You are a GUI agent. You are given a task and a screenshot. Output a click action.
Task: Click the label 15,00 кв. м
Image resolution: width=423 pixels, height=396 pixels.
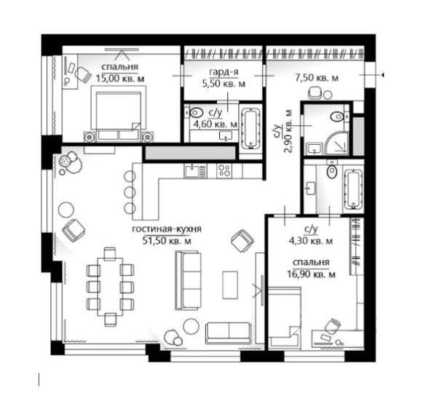[x=120, y=79]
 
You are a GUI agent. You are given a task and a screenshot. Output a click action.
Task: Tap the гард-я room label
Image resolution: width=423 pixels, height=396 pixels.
[x=224, y=72]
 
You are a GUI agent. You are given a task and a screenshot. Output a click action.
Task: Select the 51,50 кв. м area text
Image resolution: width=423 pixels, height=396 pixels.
[x=167, y=241]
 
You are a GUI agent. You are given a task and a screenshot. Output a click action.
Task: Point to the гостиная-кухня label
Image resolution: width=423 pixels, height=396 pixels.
[x=167, y=229]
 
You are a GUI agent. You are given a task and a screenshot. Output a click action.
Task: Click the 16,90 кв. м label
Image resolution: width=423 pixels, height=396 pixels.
[x=311, y=274]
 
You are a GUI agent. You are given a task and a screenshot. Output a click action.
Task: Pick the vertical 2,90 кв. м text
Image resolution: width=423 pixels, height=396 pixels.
[x=288, y=131]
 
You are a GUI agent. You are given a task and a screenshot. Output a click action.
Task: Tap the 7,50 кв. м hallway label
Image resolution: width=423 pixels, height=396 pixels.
[x=317, y=78]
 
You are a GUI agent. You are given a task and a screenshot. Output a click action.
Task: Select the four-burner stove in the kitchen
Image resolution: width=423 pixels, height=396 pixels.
[x=225, y=171]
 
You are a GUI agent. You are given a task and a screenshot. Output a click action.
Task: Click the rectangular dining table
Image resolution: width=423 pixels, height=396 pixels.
[x=110, y=287]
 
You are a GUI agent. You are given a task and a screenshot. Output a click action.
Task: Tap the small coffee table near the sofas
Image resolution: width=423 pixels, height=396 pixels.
[x=230, y=285]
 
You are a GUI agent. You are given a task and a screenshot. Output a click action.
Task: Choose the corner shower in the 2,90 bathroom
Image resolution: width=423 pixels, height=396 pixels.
[x=336, y=143]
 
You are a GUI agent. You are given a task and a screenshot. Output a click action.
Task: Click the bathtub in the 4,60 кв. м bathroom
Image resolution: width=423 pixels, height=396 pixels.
[x=251, y=129]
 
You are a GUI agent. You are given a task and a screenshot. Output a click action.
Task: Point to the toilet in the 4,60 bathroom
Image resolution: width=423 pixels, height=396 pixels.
[x=195, y=113]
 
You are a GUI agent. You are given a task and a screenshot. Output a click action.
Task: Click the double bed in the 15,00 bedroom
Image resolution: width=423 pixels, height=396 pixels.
[x=118, y=116]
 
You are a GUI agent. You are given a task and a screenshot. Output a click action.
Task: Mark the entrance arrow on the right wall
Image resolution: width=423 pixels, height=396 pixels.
[x=382, y=75]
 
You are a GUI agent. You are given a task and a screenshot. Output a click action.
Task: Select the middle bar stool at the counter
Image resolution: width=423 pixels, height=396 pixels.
[x=130, y=192]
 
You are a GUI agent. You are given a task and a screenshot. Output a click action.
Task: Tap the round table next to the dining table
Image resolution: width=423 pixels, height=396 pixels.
[x=66, y=210]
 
